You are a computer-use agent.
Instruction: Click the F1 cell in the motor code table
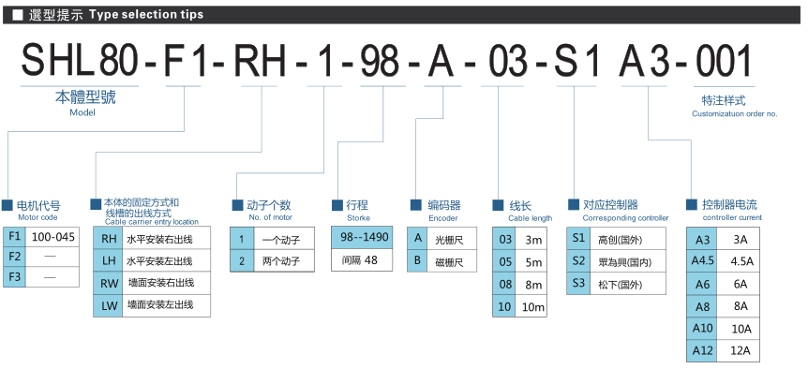click(x=14, y=237)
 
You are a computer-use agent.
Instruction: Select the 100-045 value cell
click(x=52, y=237)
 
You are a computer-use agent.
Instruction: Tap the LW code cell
click(x=108, y=305)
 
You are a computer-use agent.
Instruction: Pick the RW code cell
click(x=108, y=284)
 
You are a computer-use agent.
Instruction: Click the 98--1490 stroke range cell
click(x=362, y=237)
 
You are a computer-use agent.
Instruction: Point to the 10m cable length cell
click(x=532, y=307)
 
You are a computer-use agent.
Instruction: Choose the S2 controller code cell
click(x=578, y=261)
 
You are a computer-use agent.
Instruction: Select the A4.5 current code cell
click(x=702, y=261)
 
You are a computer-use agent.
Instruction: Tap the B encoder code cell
click(x=418, y=261)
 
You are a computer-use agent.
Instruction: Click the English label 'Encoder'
click(x=443, y=218)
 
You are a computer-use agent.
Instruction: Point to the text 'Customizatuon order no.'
click(x=734, y=113)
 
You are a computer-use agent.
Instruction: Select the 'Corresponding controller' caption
click(x=625, y=218)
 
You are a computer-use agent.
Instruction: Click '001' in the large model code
click(x=724, y=63)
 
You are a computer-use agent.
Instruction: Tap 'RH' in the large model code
click(x=260, y=63)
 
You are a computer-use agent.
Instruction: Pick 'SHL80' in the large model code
click(x=80, y=63)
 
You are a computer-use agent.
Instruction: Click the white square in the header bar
click(x=18, y=15)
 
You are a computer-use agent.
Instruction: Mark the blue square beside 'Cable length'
click(x=498, y=205)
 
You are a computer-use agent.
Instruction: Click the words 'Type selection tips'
click(x=146, y=15)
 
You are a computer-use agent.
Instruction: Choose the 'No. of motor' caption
click(x=271, y=217)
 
